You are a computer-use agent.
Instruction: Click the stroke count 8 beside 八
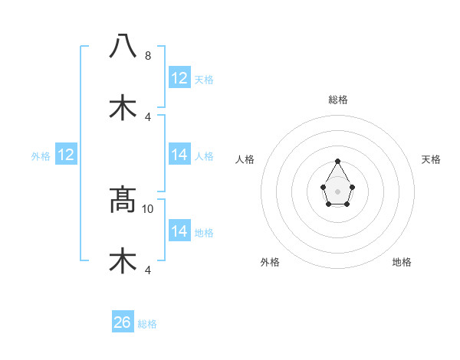point(148,56)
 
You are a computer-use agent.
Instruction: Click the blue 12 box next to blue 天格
point(179,78)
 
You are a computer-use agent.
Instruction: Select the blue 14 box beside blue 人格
point(179,155)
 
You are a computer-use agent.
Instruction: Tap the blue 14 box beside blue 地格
point(179,231)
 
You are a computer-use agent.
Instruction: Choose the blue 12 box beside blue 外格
point(66,155)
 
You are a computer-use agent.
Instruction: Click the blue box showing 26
point(123,322)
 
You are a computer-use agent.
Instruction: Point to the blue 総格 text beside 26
point(147,324)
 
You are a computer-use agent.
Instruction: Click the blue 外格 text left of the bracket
point(41,155)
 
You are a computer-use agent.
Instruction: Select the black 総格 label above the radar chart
point(337,100)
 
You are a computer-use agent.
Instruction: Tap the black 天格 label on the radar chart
point(431,159)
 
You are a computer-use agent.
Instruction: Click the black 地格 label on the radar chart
point(402,262)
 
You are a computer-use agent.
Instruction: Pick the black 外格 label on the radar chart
point(270,262)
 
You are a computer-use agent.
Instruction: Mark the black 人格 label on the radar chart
point(245,159)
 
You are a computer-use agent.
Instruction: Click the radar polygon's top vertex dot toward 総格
point(337,161)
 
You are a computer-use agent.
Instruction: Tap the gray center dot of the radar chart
point(337,191)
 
